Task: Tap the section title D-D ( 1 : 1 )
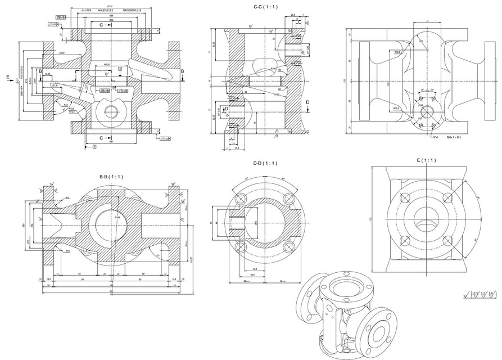(x=265, y=163)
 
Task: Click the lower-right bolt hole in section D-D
(x=289, y=246)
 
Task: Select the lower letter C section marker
(x=101, y=137)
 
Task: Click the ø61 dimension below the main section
(x=111, y=142)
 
